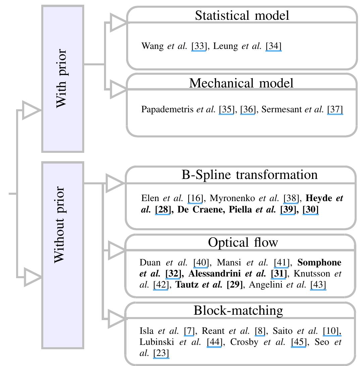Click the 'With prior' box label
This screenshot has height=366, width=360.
[62, 78]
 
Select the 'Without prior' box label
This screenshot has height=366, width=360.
[62, 225]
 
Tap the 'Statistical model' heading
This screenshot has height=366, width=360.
[242, 15]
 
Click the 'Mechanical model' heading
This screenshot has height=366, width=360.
[241, 83]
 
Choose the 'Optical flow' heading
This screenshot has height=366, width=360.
[243, 242]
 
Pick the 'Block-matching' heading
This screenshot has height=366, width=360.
[238, 310]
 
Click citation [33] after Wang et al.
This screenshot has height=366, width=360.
[199, 46]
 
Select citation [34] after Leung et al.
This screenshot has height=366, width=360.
[273, 46]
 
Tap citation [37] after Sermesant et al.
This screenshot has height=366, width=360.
[335, 109]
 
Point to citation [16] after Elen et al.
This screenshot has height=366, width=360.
[195, 198]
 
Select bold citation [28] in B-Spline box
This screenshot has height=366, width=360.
[163, 210]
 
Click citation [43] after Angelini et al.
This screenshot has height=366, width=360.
[318, 285]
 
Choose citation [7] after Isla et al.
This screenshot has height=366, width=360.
[189, 331]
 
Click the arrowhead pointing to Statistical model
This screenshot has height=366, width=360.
[118, 23]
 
